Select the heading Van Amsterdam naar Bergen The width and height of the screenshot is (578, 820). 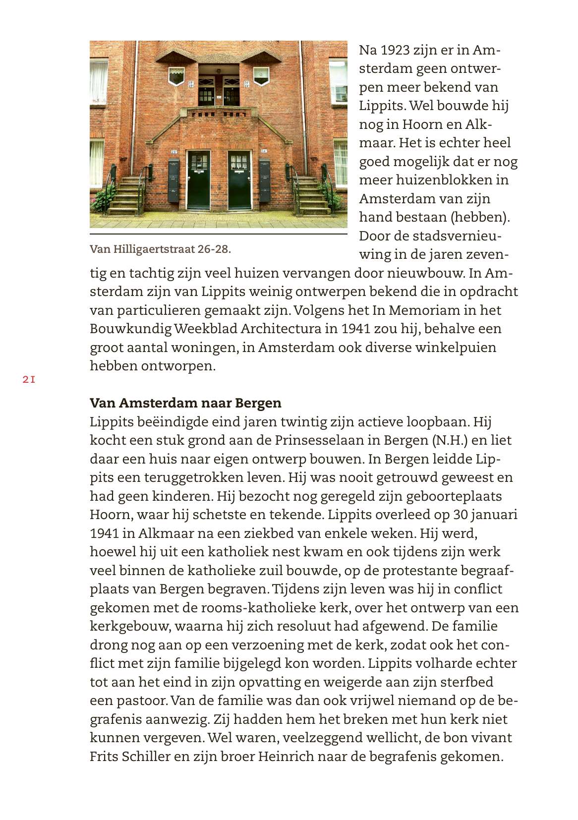tap(185, 403)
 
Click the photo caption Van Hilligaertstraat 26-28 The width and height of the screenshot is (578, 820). tap(160, 249)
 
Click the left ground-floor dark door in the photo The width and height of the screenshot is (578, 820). tap(198, 180)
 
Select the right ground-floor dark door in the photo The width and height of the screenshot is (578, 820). tap(240, 180)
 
